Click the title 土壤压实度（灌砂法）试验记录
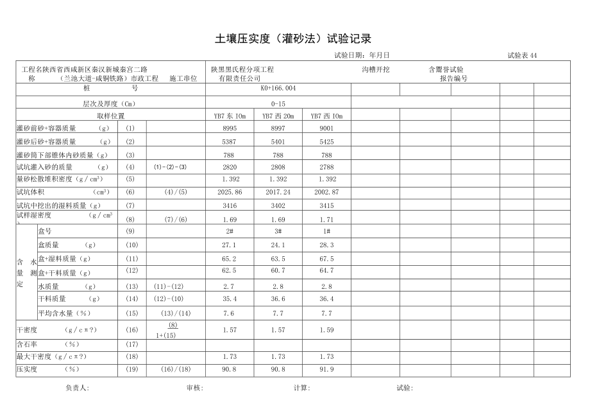(294, 39)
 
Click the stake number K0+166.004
(278, 88)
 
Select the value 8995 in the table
(230, 128)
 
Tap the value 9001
(326, 128)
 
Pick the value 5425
(326, 141)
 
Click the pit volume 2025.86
(230, 192)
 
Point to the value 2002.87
(326, 192)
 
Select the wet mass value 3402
(278, 205)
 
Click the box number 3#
(278, 231)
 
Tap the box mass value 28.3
(326, 245)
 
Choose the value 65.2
(230, 259)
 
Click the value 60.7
(278, 271)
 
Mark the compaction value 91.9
(326, 369)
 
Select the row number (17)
(131, 344)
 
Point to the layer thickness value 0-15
(278, 103)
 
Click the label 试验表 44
(521, 56)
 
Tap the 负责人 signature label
(77, 388)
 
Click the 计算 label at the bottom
(301, 388)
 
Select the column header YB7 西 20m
(278, 116)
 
